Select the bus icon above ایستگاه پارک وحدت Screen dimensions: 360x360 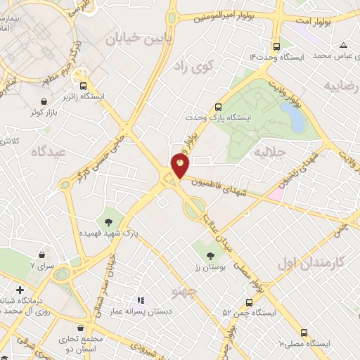tap(219, 107)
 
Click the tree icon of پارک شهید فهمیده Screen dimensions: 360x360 tap(109, 223)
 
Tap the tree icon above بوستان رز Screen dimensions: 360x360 tap(210, 255)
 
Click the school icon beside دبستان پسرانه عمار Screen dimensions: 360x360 tap(140, 300)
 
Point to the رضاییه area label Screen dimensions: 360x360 tap(342, 85)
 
